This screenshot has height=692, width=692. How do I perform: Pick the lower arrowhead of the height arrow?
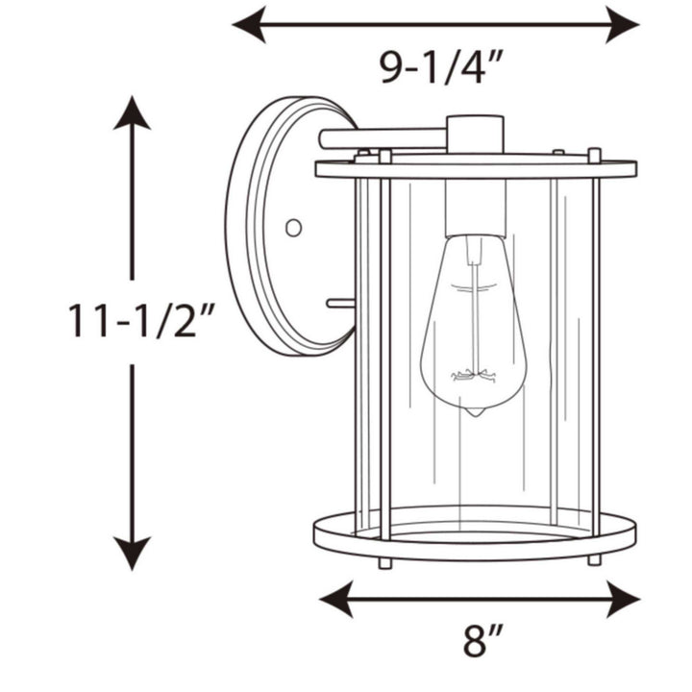pos(132,555)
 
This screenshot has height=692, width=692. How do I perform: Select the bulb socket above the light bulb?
pos(475,207)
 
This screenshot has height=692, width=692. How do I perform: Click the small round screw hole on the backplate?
pos(294,228)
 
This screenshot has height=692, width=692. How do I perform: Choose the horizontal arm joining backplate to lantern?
pos(384,138)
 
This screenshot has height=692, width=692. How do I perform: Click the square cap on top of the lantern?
pos(475,135)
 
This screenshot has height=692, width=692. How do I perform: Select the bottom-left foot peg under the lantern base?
pos(384,561)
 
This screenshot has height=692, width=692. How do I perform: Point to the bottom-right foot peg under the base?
pos(595,558)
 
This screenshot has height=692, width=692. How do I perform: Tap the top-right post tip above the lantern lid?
pos(595,154)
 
